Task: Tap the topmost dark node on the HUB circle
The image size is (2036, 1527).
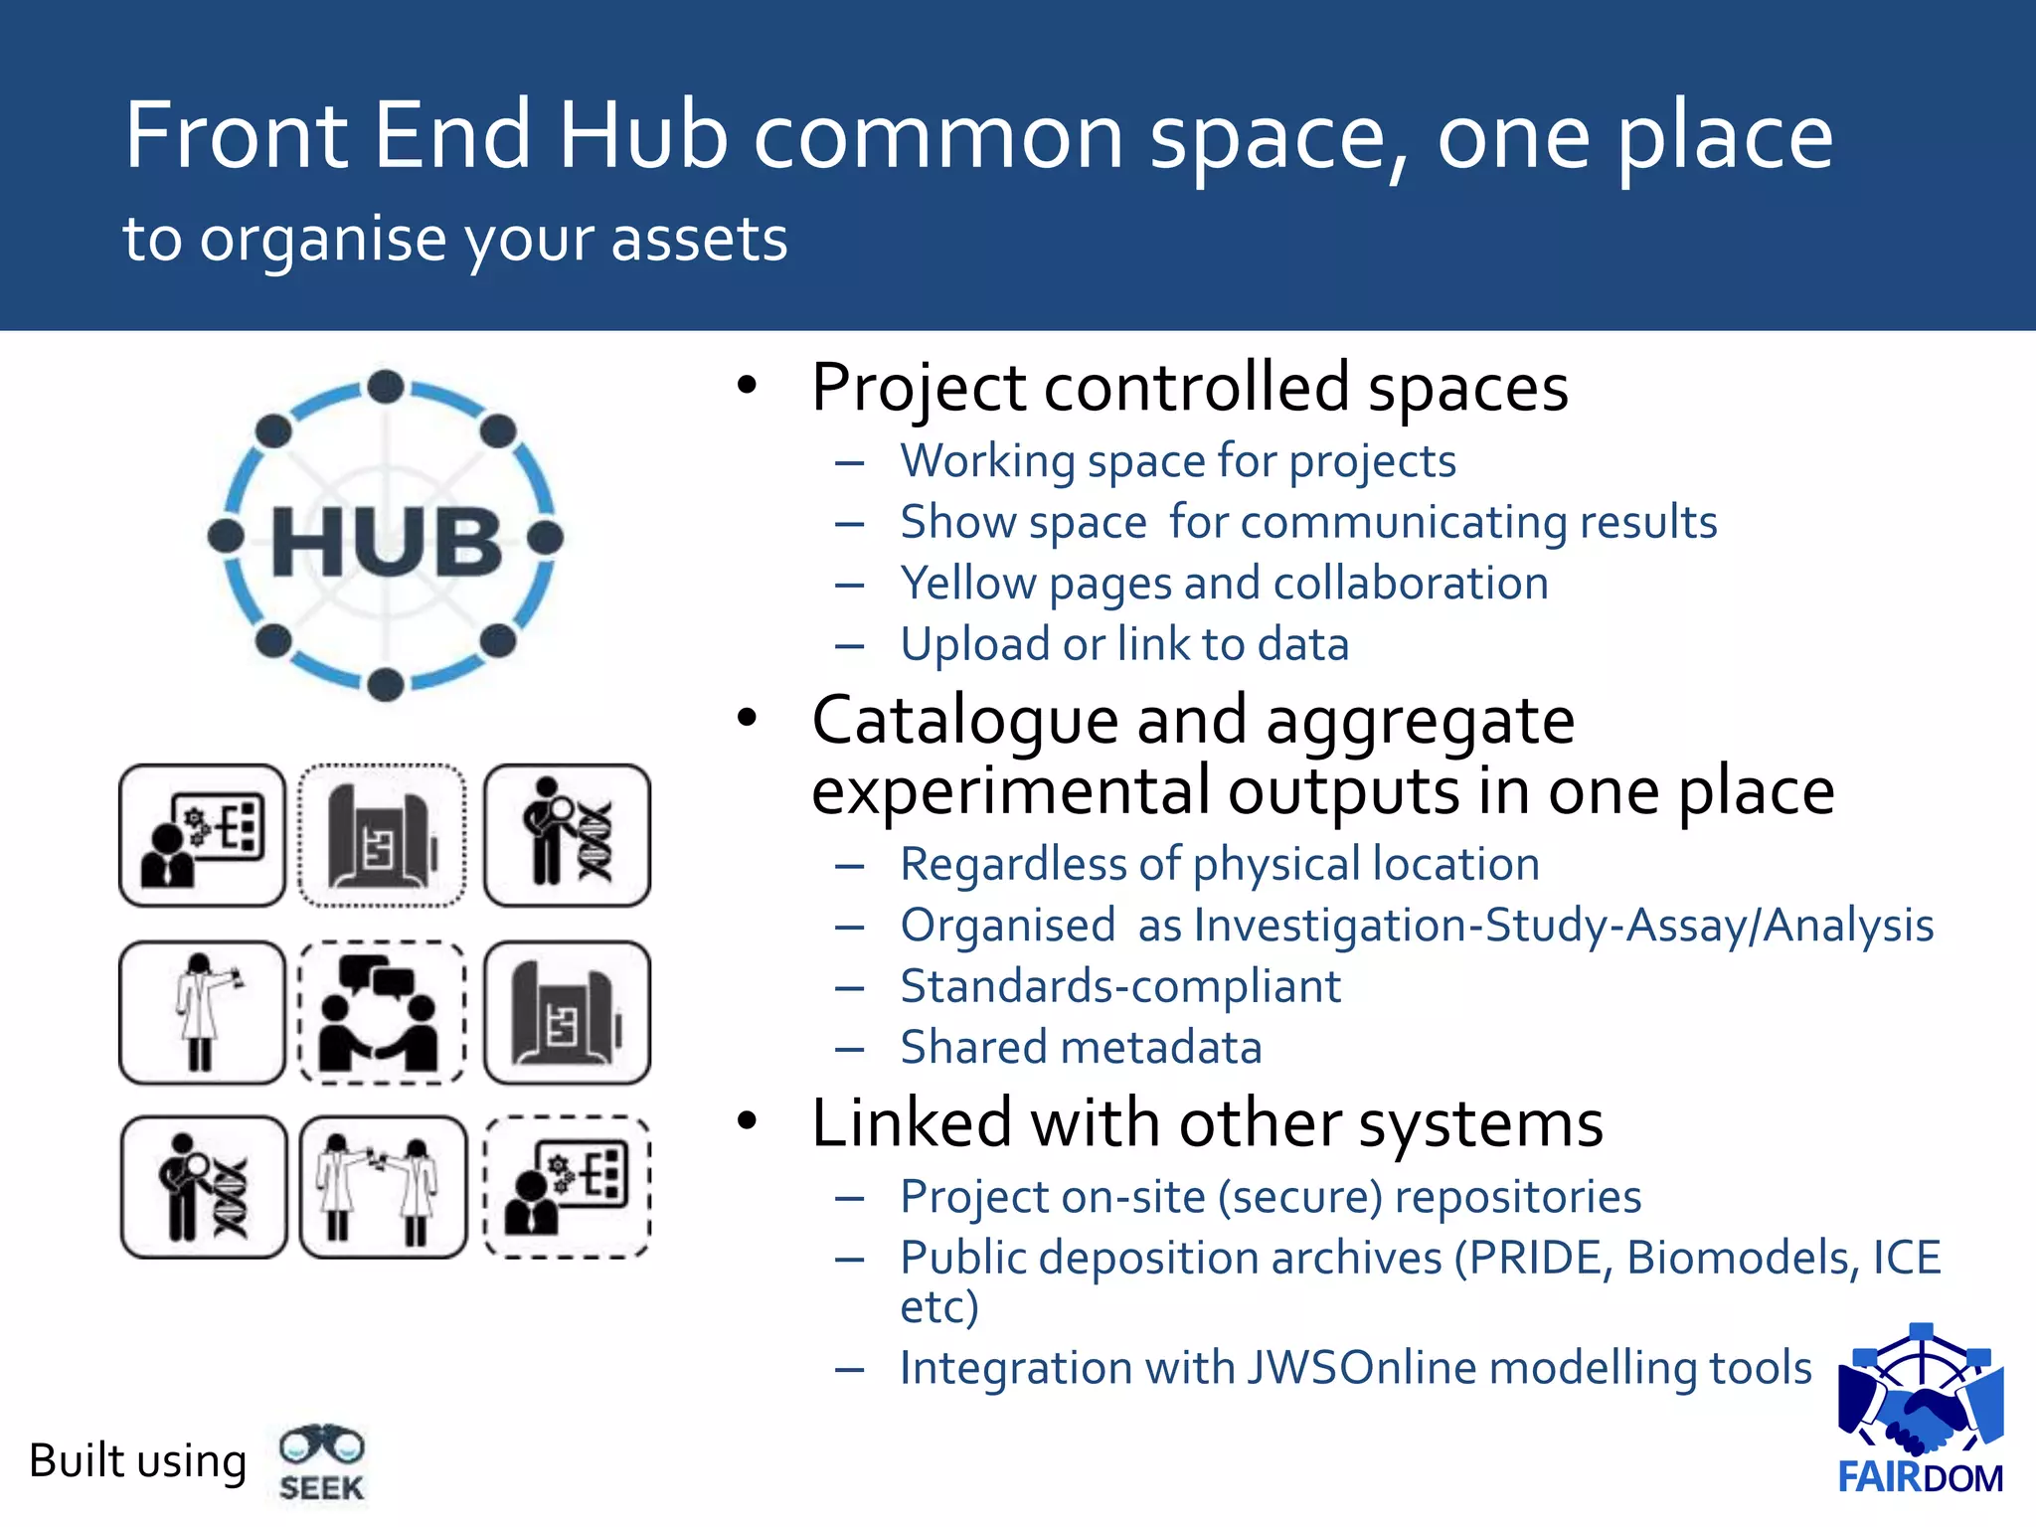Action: [x=386, y=387]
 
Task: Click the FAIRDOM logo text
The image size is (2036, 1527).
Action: [x=1920, y=1477]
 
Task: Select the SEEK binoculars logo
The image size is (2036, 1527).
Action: [x=321, y=1461]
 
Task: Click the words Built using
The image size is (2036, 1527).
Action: [x=138, y=1461]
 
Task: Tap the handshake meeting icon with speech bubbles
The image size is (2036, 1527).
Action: [x=382, y=1012]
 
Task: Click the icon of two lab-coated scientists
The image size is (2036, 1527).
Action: [x=382, y=1187]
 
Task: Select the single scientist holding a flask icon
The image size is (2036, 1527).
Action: [x=203, y=1012]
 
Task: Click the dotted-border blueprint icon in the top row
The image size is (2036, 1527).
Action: [x=382, y=835]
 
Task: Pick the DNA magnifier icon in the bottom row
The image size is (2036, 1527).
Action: [x=204, y=1187]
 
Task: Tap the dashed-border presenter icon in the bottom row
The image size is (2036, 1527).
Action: [x=567, y=1187]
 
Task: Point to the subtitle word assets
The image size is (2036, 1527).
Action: [x=699, y=240]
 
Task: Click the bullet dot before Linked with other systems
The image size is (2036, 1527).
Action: [x=748, y=1121]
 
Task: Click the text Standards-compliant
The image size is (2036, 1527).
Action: [x=1120, y=986]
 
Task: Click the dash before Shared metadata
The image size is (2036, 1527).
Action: [x=850, y=1049]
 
